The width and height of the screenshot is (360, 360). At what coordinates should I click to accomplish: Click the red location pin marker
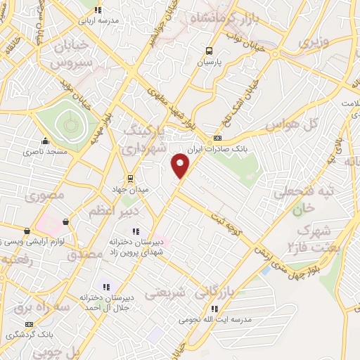pos(181,166)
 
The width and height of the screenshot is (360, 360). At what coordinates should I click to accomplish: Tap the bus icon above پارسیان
pos(208,51)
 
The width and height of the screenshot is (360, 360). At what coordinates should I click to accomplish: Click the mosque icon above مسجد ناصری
pos(46,140)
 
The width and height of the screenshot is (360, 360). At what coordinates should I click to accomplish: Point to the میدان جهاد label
pos(129,190)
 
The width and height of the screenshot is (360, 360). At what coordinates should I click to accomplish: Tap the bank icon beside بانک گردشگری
pos(30,324)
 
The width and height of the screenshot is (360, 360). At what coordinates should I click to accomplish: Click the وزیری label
pos(313,42)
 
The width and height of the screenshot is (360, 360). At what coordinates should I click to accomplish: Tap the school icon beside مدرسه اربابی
pos(98,10)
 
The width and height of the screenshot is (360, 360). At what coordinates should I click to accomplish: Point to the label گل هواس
pos(288,124)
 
